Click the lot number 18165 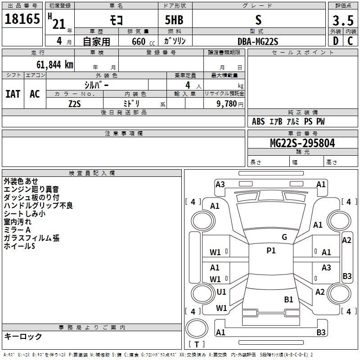22,18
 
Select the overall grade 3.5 343,20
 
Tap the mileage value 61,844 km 55,65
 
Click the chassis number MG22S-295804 302,143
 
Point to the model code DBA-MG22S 258,41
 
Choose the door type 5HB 174,20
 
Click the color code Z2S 75,104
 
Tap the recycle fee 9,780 226,104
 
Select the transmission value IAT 13,94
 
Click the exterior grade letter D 336,41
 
